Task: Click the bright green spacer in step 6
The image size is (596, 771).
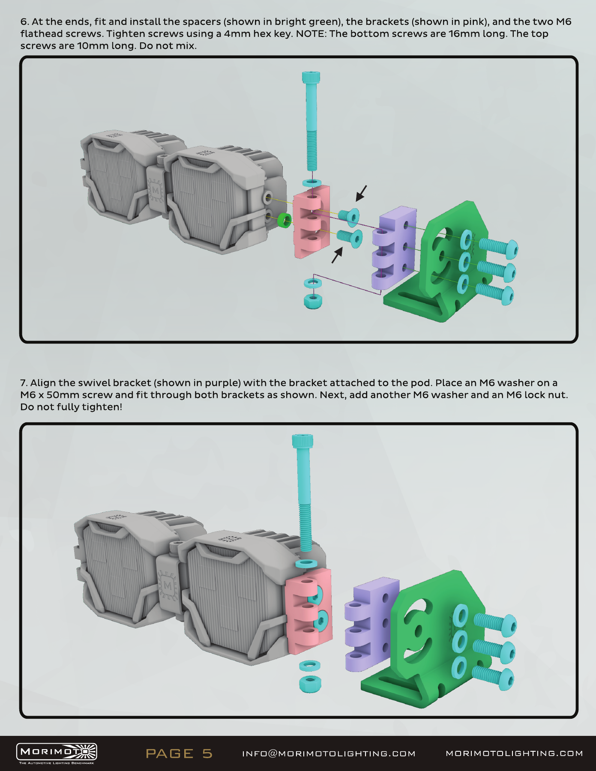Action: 285,220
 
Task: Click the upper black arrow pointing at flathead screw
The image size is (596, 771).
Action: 361,193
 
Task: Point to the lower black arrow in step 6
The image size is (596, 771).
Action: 337,255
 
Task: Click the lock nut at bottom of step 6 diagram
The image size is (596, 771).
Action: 313,300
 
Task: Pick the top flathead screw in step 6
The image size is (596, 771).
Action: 349,216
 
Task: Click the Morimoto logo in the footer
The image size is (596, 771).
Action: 57,753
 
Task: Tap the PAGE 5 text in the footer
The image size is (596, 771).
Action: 179,753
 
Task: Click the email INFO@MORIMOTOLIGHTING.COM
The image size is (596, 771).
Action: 329,753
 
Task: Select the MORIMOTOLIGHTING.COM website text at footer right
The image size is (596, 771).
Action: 514,753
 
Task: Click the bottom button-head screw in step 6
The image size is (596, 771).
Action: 495,294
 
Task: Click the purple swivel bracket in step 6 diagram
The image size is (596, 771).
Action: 394,248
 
